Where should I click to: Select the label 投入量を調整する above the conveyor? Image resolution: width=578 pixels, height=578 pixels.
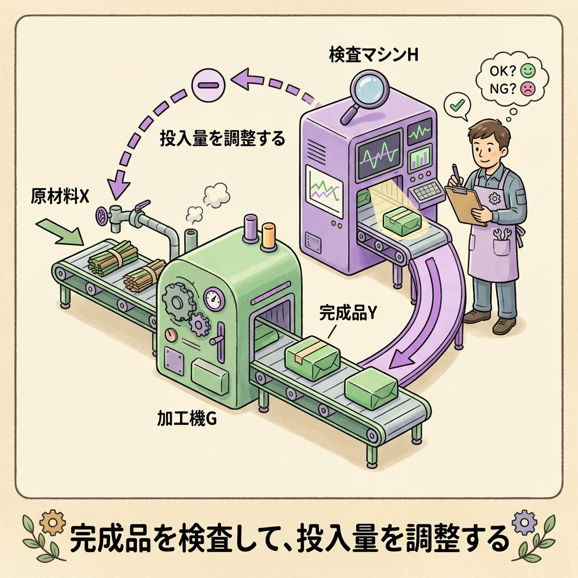click(222, 138)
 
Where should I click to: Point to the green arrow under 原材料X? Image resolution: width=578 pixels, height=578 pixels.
click(59, 231)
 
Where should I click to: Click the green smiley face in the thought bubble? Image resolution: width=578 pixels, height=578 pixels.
click(528, 72)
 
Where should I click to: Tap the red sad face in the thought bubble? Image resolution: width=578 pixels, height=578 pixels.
click(527, 89)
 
